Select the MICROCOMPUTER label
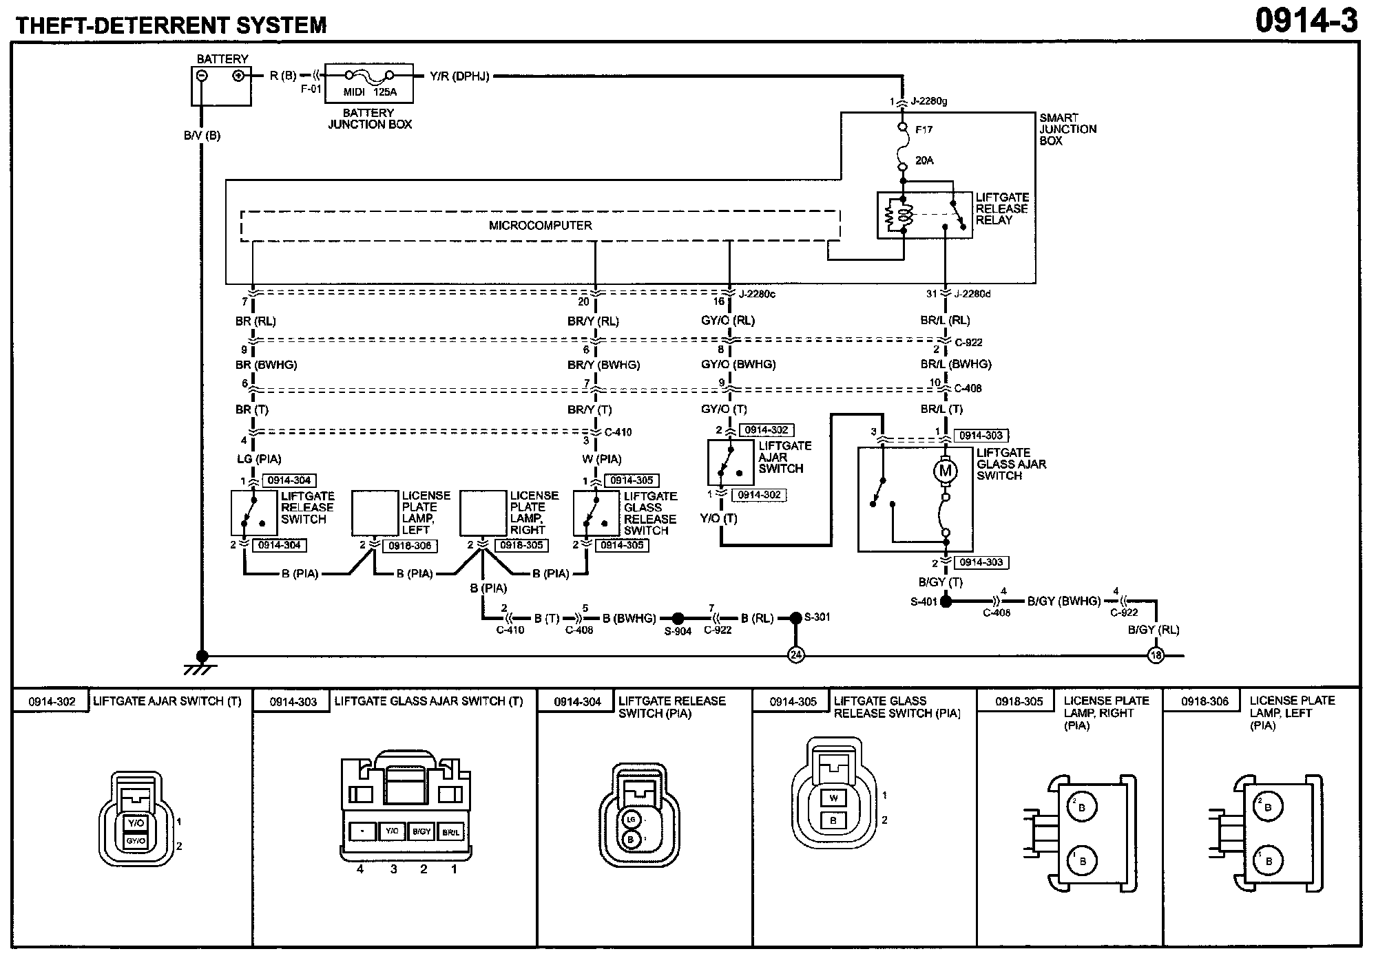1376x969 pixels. click(540, 226)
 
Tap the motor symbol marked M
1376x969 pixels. click(946, 471)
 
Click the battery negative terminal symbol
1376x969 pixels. click(202, 76)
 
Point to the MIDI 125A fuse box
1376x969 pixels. click(369, 83)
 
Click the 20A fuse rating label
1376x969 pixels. click(924, 160)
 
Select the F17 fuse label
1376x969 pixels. click(924, 129)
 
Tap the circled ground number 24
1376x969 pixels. click(795, 655)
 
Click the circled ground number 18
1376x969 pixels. click(1156, 655)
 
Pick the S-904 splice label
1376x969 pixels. click(678, 631)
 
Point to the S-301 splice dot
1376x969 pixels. click(795, 618)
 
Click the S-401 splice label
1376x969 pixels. click(924, 601)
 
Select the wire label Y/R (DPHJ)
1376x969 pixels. click(459, 76)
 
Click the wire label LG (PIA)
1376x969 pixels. click(258, 459)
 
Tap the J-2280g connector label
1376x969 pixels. click(929, 102)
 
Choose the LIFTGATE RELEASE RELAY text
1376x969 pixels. click(1001, 209)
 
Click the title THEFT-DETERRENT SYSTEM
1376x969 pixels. click(171, 25)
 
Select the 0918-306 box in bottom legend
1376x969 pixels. click(1205, 702)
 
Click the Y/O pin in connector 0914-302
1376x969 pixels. click(136, 823)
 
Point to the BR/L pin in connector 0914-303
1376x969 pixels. click(451, 832)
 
